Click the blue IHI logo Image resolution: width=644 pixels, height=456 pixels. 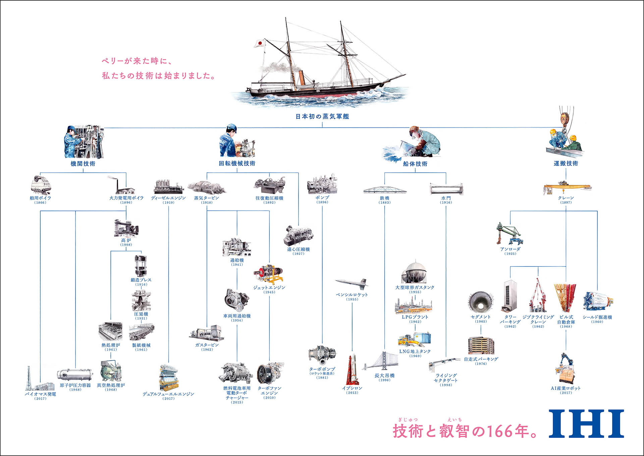click(586, 423)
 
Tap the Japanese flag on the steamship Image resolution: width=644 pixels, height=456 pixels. click(259, 43)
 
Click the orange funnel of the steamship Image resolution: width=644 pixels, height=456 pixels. click(301, 78)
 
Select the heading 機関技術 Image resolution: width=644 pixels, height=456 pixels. click(83, 164)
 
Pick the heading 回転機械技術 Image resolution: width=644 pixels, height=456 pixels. click(237, 163)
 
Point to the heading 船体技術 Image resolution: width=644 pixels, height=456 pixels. click(415, 164)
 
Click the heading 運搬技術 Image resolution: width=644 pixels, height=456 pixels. click(566, 163)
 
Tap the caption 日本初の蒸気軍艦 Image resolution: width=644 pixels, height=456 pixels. click(322, 117)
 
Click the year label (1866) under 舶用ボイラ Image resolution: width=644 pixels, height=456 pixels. click(40, 202)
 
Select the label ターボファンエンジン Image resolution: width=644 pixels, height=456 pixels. click(269, 391)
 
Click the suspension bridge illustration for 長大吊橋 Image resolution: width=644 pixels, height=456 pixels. click(381, 361)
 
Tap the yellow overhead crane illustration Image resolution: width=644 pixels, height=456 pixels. click(567, 188)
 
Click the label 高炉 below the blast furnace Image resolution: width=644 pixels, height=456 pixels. click(126, 240)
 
